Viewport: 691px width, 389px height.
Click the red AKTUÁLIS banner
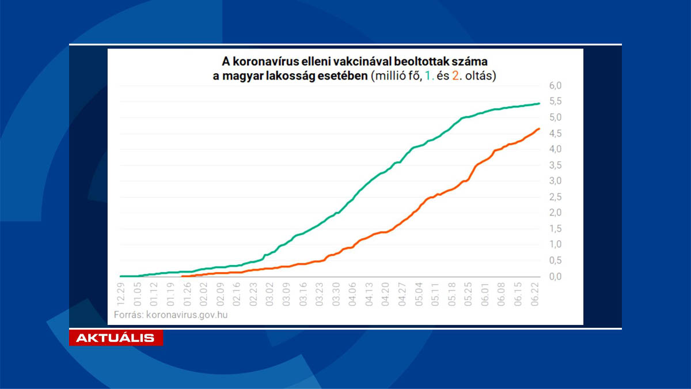point(116,338)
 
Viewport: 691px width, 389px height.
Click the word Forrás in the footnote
point(125,315)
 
